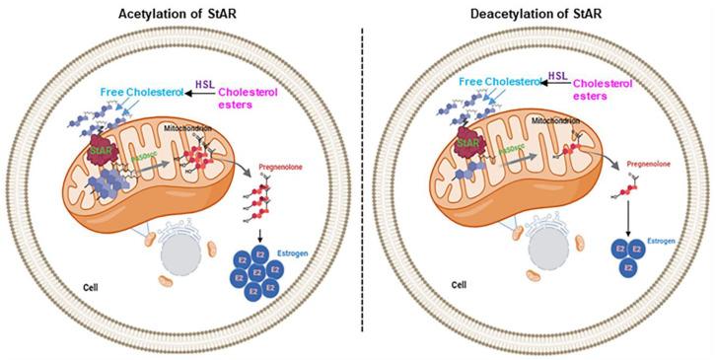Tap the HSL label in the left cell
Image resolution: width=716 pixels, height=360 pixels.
pyautogui.click(x=205, y=86)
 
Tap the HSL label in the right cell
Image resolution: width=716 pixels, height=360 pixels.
pyautogui.click(x=557, y=75)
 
